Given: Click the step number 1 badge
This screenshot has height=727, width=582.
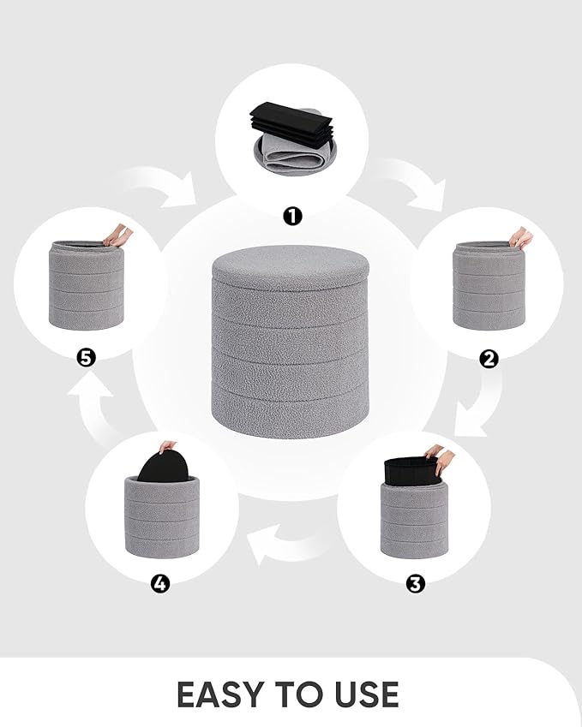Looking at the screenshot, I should tap(292, 216).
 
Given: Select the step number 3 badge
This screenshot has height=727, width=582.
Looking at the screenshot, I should tap(415, 584).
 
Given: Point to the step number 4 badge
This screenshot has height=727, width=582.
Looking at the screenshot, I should tap(160, 584).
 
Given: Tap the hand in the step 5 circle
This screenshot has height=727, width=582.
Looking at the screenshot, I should tap(117, 235).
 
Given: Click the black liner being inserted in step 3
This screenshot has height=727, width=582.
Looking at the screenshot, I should tap(410, 470).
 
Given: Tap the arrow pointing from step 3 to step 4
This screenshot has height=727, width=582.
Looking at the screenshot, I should tap(283, 545).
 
